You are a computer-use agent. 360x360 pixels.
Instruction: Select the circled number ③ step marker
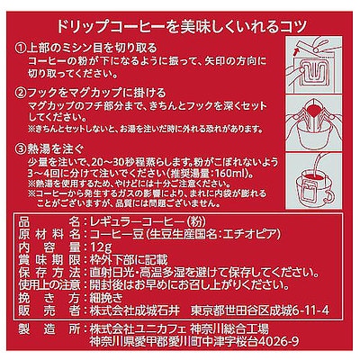click(21, 141)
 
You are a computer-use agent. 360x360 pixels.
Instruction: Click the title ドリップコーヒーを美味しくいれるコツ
click(180, 15)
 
